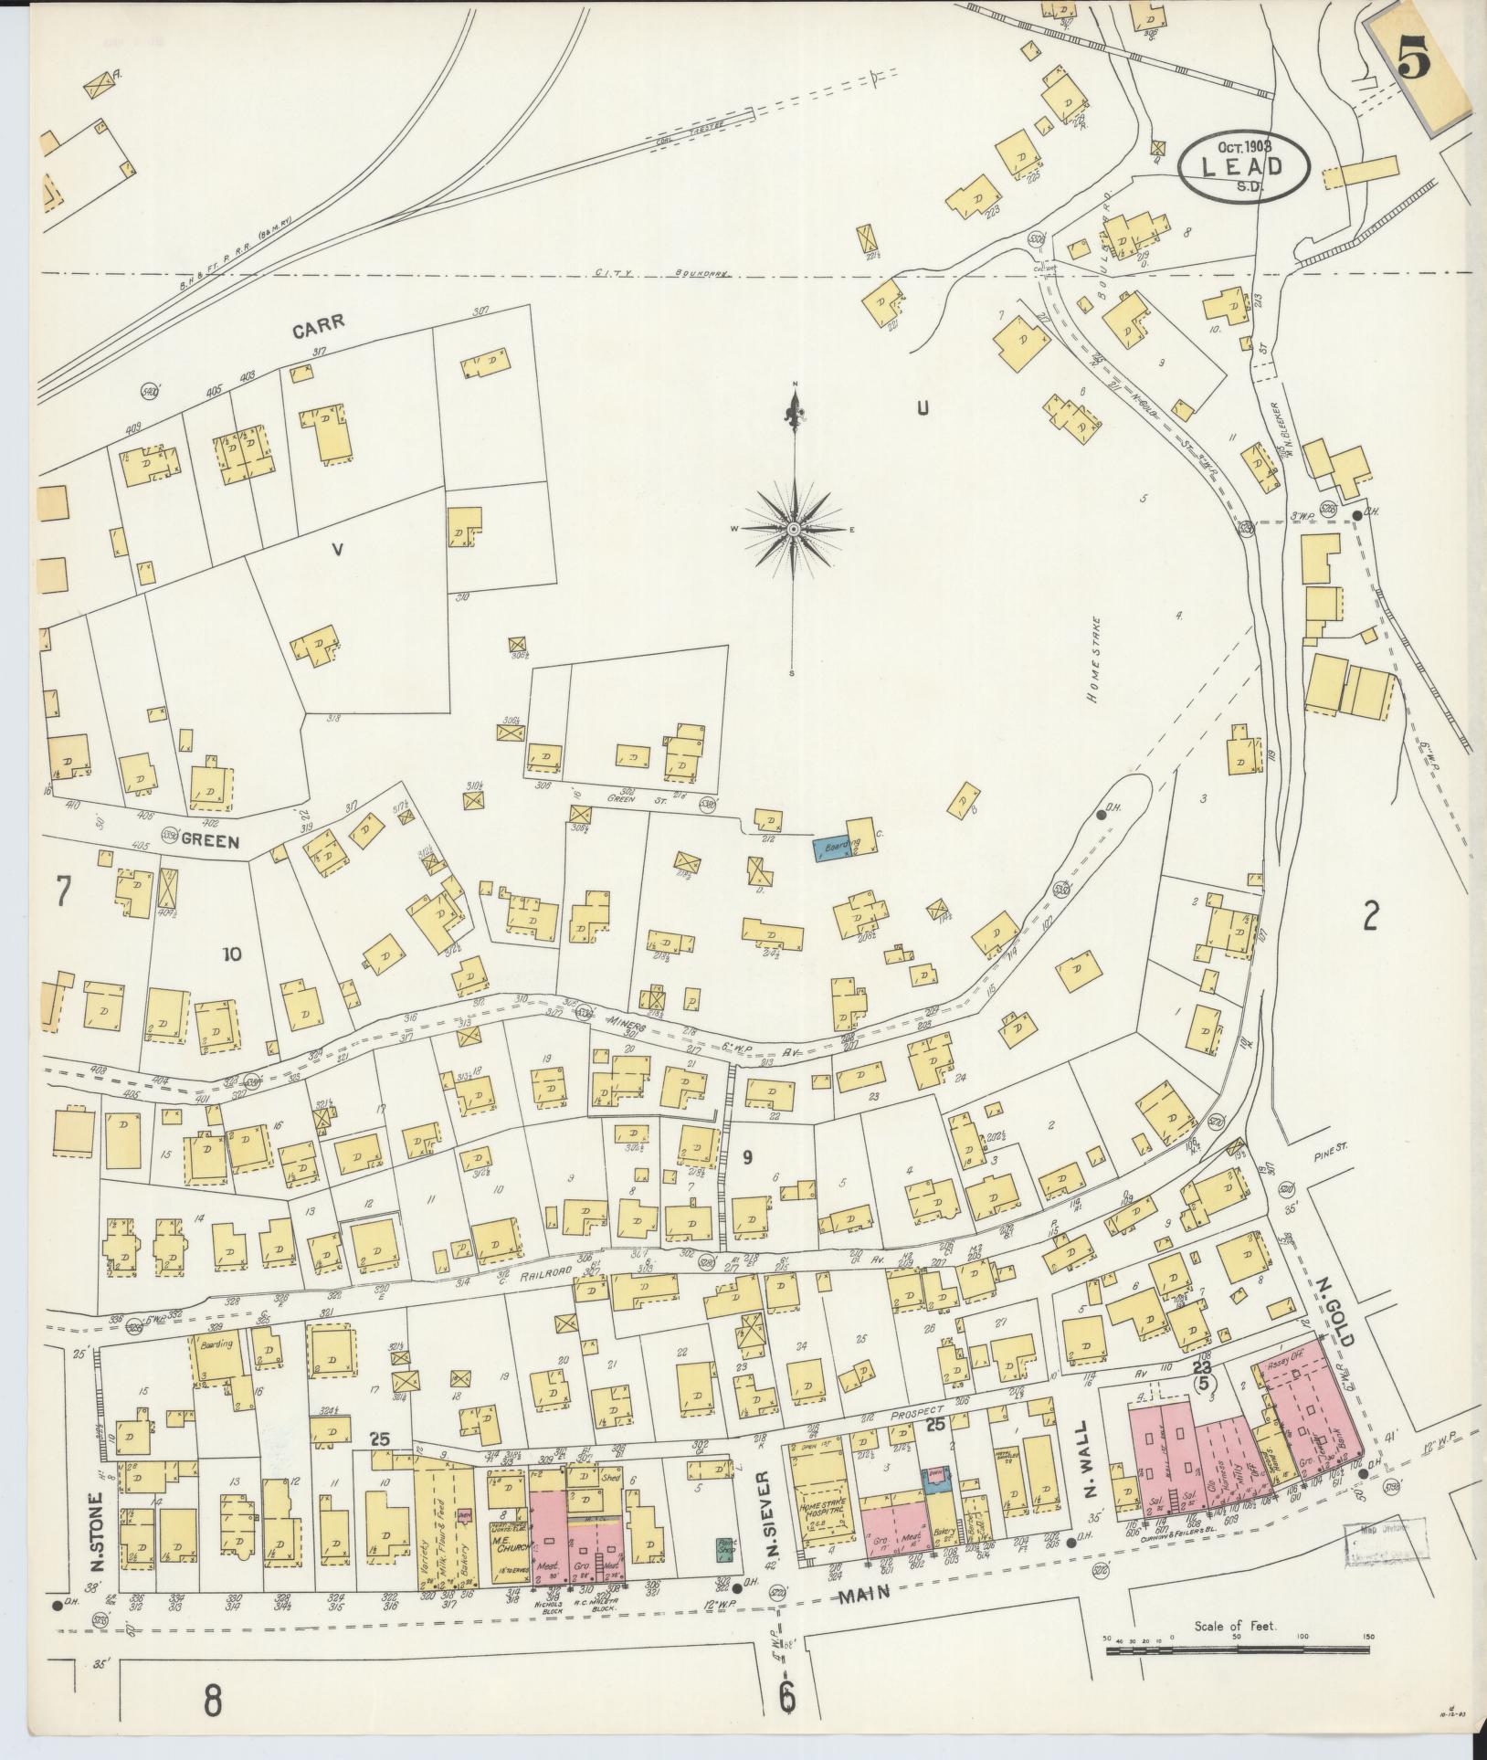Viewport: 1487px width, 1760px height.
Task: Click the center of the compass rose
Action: pos(794,529)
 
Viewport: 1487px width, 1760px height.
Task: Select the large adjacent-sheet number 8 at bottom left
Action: pos(212,1701)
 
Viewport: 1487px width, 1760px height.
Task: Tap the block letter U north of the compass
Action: pos(923,409)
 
